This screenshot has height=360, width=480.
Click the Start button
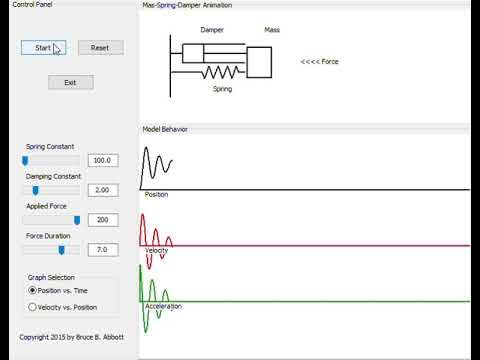coord(43,47)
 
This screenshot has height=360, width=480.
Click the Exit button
coord(70,82)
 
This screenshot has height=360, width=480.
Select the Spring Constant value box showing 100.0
coord(103,160)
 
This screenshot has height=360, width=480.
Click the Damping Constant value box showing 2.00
coord(103,190)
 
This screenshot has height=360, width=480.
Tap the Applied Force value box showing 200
coord(103,220)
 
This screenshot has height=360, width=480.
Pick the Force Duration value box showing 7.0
coord(103,249)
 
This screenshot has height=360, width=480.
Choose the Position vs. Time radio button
coord(33,290)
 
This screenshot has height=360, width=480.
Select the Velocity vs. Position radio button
coord(33,307)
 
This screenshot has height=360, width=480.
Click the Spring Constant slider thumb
coord(25,160)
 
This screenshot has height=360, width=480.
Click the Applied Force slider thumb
coord(77,220)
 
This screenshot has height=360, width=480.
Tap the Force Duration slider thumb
coord(62,249)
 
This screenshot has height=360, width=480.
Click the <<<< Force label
coord(320,62)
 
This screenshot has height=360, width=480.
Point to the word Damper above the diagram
coord(211,31)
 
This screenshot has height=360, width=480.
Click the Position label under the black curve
coord(156,194)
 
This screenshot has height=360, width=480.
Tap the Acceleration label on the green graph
coord(162,306)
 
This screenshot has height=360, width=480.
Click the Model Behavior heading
coord(165,129)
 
